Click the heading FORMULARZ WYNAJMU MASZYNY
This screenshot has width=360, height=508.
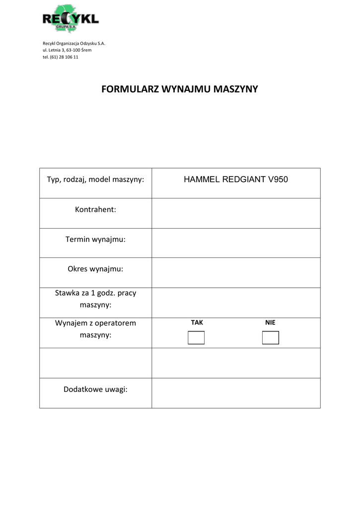pyautogui.click(x=180, y=89)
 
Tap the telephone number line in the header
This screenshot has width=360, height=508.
pyautogui.click(x=61, y=57)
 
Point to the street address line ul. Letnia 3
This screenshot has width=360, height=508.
pyautogui.click(x=67, y=50)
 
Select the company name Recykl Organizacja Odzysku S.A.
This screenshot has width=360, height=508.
pyautogui.click(x=74, y=43)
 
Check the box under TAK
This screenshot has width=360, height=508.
pyautogui.click(x=196, y=338)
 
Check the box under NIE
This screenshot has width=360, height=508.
pyautogui.click(x=270, y=338)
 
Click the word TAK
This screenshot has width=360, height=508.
pyautogui.click(x=197, y=322)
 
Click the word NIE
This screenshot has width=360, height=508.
pyautogui.click(x=270, y=322)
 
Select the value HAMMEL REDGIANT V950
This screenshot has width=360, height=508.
pyautogui.click(x=236, y=180)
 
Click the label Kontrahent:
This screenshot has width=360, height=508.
pyautogui.click(x=95, y=209)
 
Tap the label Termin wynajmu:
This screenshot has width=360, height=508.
pyautogui.click(x=95, y=239)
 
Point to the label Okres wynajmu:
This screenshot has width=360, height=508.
pyautogui.click(x=95, y=269)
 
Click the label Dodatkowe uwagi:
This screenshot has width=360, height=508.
pyautogui.click(x=95, y=389)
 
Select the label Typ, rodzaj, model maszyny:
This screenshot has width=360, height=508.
pyautogui.click(x=95, y=179)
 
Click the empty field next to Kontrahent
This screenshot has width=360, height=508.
pyautogui.click(x=236, y=213)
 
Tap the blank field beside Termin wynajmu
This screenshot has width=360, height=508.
pyautogui.click(x=236, y=243)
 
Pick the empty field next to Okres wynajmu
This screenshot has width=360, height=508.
pyautogui.click(x=236, y=273)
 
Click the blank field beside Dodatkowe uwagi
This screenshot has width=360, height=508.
pyautogui.click(x=236, y=393)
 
